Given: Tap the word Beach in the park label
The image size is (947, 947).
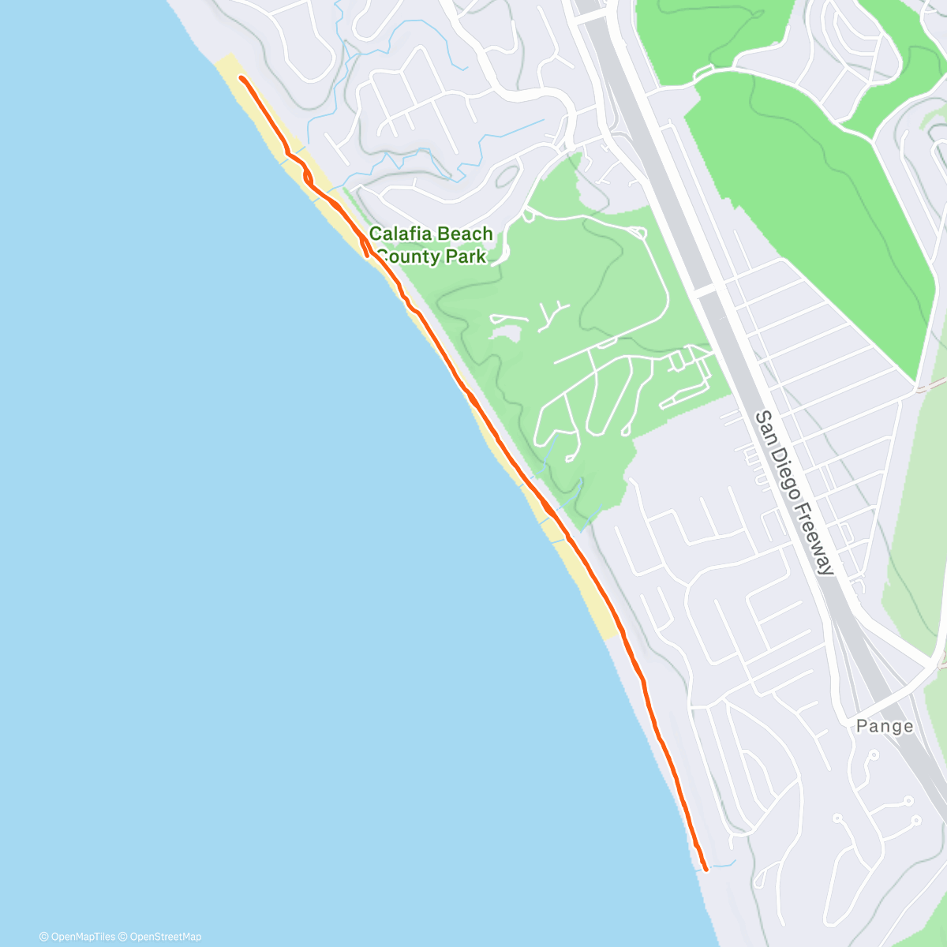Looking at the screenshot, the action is (465, 234).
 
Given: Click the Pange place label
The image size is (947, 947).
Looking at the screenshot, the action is (885, 726).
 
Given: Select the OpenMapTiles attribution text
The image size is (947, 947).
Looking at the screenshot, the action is (82, 937).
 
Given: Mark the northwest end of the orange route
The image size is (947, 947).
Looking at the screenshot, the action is (240, 78).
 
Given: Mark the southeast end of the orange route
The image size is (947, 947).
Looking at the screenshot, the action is (705, 870).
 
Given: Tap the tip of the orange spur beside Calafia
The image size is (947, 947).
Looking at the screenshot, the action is (368, 254).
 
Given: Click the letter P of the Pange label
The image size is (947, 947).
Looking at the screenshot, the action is (862, 726).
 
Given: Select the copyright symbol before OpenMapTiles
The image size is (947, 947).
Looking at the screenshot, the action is (43, 937).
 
